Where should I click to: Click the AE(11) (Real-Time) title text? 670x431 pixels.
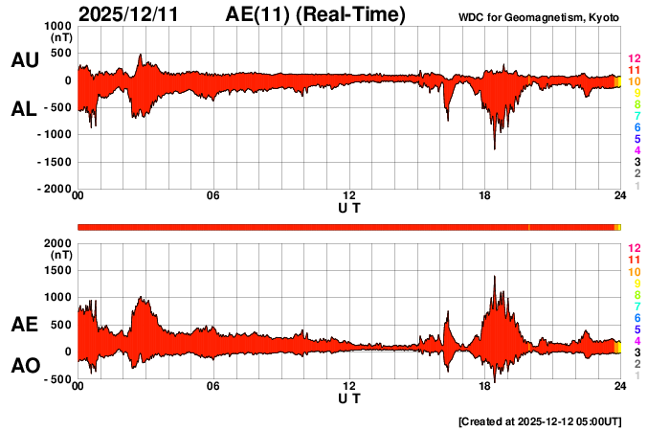[x=316, y=14]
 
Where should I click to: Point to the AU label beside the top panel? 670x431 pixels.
[x=24, y=60]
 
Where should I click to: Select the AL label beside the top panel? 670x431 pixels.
[x=24, y=109]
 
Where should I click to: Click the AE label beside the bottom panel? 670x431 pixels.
[x=24, y=326]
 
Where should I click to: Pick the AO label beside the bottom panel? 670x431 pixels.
[x=24, y=366]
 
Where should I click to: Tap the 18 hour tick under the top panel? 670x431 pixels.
[x=485, y=196]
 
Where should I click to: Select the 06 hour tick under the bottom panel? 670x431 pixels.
[x=212, y=386]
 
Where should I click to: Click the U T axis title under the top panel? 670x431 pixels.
[x=349, y=207]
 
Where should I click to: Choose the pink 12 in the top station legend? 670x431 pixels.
[x=633, y=59]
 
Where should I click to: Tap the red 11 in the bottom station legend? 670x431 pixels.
[x=633, y=261]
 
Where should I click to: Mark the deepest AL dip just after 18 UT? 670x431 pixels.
[x=494, y=148]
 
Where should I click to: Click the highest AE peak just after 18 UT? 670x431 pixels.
[x=494, y=277]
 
